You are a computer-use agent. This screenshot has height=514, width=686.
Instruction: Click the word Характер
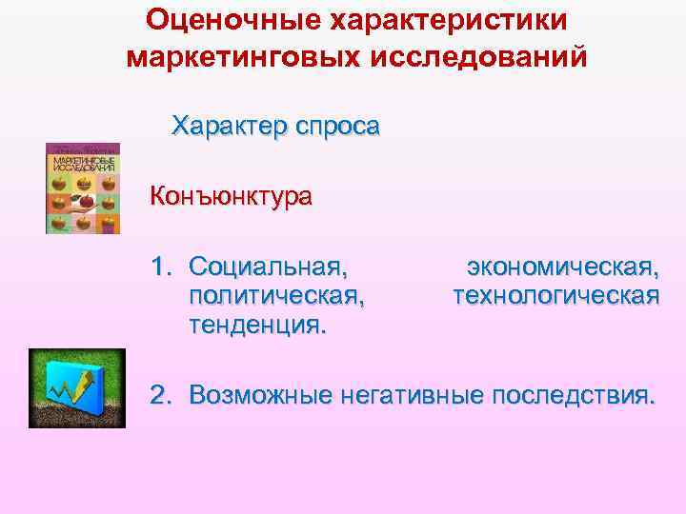(225, 126)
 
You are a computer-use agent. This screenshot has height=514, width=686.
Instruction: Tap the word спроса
(333, 126)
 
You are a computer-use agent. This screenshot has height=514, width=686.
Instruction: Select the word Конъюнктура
(231, 199)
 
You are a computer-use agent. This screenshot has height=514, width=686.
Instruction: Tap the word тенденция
(258, 326)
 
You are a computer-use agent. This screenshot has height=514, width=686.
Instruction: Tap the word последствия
(575, 394)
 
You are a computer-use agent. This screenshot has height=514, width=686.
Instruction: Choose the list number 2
(159, 394)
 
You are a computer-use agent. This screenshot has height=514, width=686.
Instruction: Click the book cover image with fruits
(84, 188)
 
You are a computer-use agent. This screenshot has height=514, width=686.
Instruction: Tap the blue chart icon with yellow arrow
(76, 387)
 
